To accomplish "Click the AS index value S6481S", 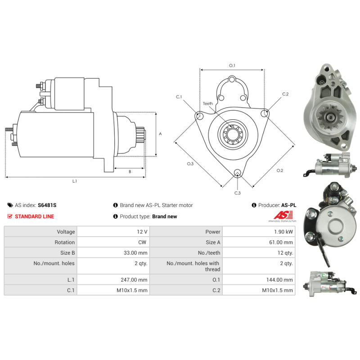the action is pyautogui.click(x=47, y=205).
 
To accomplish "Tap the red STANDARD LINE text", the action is pyautogui.click(x=35, y=216).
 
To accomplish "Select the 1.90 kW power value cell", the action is pyautogui.click(x=283, y=232).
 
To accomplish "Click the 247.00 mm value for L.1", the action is pyautogui.click(x=134, y=280).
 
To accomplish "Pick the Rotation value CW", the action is pyautogui.click(x=142, y=243).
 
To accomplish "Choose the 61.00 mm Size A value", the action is pyautogui.click(x=281, y=243).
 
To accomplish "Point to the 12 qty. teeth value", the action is pyautogui.click(x=285, y=253).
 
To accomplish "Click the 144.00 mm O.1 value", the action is pyautogui.click(x=279, y=280).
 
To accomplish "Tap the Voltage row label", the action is pyautogui.click(x=66, y=232).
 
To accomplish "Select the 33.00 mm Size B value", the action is pyautogui.click(x=135, y=253).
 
